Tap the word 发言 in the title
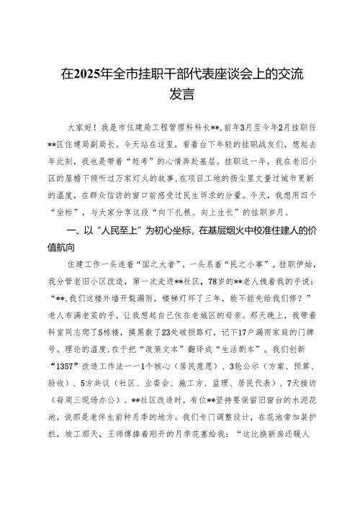180,93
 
